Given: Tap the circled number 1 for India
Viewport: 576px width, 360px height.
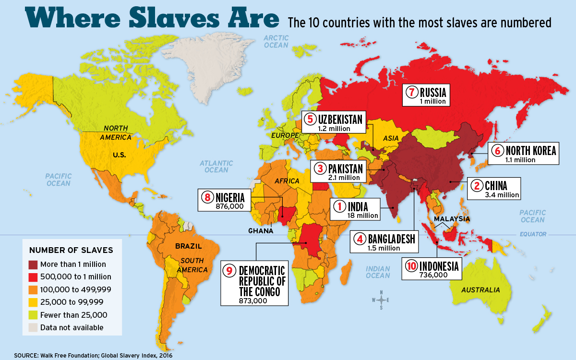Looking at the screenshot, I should [339, 207].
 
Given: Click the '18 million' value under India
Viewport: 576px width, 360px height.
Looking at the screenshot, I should [362, 216].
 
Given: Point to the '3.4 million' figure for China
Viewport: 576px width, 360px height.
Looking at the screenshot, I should [502, 195].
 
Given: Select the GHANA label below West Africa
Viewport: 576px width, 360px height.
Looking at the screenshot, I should [261, 231].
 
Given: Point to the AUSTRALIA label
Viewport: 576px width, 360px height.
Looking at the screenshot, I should [480, 290].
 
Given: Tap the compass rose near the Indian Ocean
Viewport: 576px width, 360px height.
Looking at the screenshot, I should [381, 300].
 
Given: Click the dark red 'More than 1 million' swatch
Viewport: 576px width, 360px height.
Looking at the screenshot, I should [34, 264].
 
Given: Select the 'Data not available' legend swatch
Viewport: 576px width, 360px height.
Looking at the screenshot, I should [34, 327].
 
